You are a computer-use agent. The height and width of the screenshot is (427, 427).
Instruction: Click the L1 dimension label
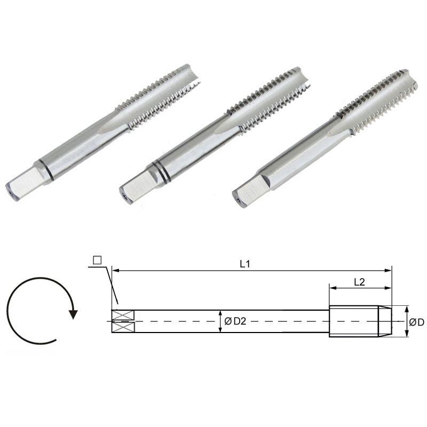(x=245, y=263)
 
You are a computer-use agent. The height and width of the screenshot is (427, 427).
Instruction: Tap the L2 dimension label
(x=359, y=282)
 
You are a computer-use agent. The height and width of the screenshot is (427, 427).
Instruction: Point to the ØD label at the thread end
(x=416, y=322)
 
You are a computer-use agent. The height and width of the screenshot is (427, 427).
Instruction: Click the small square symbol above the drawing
(x=97, y=260)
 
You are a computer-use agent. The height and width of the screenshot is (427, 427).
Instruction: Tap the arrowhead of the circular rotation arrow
(x=73, y=313)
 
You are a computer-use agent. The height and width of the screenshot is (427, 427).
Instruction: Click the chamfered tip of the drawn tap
(x=385, y=321)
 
